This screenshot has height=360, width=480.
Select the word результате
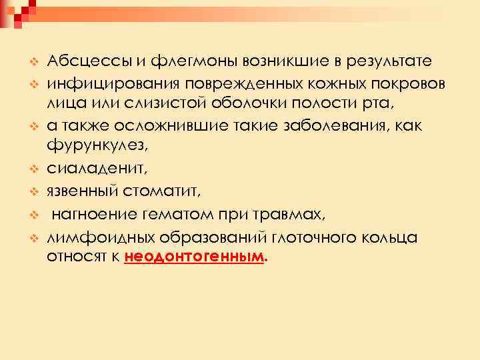[389, 62]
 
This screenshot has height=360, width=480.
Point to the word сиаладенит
[89, 171]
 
